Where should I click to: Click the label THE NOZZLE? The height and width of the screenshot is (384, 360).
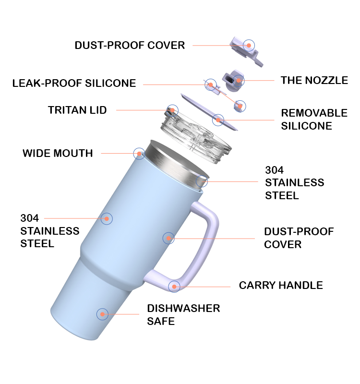tap(314, 80)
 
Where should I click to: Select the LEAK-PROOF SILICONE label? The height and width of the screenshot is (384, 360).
tap(74, 84)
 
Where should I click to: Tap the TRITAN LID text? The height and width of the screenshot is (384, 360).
tap(77, 110)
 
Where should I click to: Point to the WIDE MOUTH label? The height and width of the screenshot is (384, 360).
tap(58, 154)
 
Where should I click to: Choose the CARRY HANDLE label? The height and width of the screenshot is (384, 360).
tap(281, 286)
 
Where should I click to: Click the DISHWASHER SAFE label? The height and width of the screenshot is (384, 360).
tap(183, 314)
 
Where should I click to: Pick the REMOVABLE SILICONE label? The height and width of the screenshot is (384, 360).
tap(314, 120)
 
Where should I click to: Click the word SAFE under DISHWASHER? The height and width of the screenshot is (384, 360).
tap(161, 321)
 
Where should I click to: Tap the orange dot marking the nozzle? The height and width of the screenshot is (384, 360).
tap(239, 80)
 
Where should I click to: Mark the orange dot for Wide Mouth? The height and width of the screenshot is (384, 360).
tap(139, 154)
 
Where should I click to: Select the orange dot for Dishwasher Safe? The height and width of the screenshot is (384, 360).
tap(102, 314)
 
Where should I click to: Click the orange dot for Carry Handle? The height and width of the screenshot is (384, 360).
tap(174, 287)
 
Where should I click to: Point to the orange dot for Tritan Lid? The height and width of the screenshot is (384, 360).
tap(171, 110)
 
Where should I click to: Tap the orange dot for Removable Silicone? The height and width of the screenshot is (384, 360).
tap(218, 119)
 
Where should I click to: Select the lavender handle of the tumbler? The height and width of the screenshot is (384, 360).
tap(211, 240)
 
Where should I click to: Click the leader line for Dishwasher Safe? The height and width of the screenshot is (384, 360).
tap(125, 314)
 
